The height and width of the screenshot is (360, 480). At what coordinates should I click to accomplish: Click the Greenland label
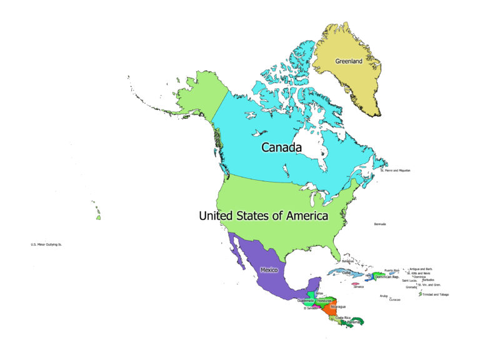pos(348,61)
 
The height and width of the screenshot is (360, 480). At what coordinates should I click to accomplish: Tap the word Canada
pos(281,147)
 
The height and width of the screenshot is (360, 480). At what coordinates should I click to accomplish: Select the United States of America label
pos(263,216)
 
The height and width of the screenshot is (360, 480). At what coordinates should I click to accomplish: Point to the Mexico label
pos(269,270)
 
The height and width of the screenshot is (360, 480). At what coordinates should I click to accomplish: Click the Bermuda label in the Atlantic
pos(380,224)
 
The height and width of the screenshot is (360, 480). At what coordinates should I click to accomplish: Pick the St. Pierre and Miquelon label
pos(395,170)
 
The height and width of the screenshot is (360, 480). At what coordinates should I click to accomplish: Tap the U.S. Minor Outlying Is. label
pos(46,244)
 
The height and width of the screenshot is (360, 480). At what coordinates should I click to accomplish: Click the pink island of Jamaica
pos(355,284)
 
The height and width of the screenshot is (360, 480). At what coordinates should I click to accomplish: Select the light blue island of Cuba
pos(350,273)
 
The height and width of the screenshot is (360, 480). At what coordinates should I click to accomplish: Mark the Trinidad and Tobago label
pos(436,294)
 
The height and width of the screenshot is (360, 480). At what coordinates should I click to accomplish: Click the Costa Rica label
pos(343,317)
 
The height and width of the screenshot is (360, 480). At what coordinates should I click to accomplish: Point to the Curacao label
pos(394,299)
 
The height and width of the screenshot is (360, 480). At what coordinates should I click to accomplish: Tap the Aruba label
pos(384,296)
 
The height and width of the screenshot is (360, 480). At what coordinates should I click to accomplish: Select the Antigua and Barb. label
pos(421,269)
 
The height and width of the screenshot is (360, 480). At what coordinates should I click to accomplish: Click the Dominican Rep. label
pos(387,276)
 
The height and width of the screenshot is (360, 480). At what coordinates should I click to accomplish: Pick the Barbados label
pos(428,280)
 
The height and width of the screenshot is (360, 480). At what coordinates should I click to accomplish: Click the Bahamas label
pos(348,261)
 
